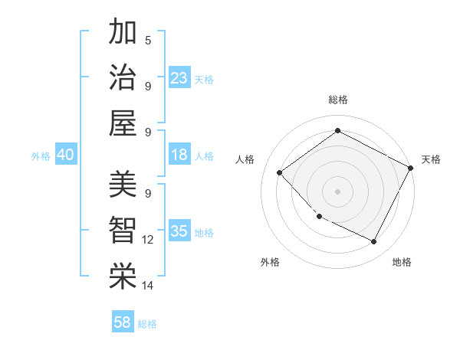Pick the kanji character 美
[123, 185]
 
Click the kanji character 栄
[123, 277]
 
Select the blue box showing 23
[179, 77]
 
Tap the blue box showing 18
[179, 155]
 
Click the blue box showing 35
[179, 231]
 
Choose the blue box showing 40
[65, 155]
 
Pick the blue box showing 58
[123, 322]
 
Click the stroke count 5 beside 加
[148, 40]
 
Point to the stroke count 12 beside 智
[148, 240]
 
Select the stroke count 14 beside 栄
[148, 286]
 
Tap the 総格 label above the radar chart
[337, 100]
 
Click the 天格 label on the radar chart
[431, 159]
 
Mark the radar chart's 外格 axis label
[270, 262]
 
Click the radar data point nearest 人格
[280, 172]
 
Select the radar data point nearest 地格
[374, 242]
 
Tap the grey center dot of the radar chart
[337, 191]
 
